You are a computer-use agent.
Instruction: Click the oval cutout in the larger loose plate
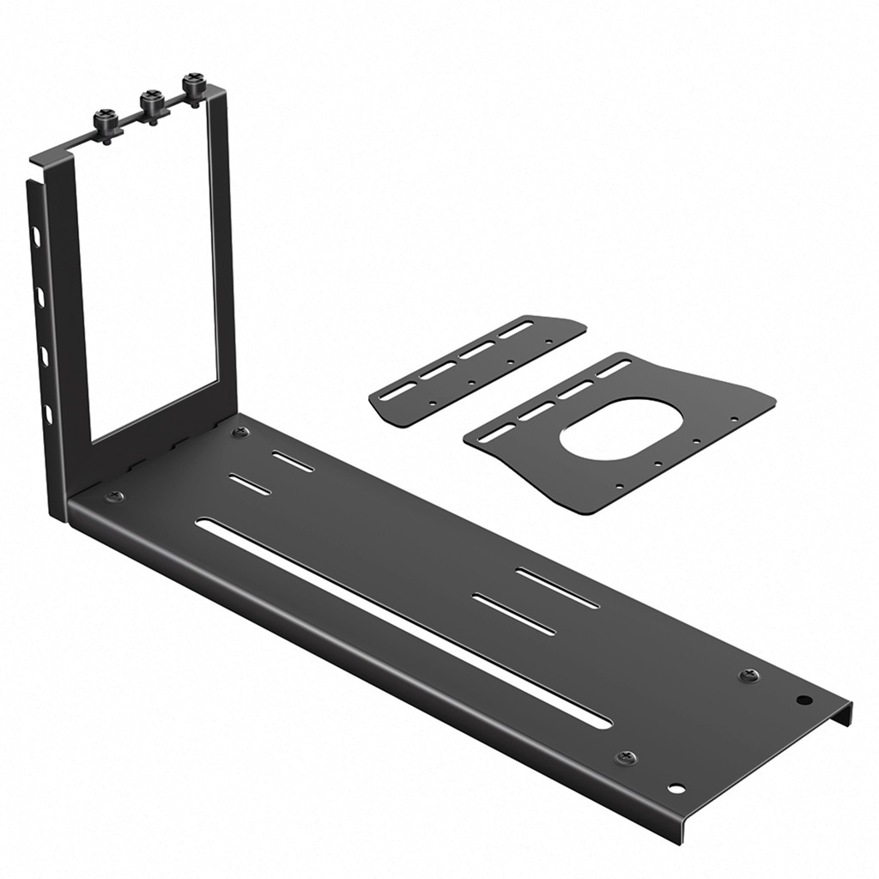(x=621, y=427)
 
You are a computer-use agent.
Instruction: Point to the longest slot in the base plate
(x=403, y=622)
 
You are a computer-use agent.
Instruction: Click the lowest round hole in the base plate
(x=676, y=788)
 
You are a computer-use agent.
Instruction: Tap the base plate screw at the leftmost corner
(x=113, y=496)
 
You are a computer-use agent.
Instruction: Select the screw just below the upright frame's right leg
(x=240, y=432)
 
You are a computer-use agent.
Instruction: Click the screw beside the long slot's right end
(x=627, y=758)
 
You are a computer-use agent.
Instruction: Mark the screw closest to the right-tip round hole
(x=749, y=676)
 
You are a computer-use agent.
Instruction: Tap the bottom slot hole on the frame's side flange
(x=48, y=415)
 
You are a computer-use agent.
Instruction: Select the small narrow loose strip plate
(x=477, y=369)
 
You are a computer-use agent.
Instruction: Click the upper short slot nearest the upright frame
(x=294, y=461)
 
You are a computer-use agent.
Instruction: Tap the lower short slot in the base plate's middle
(x=514, y=614)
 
